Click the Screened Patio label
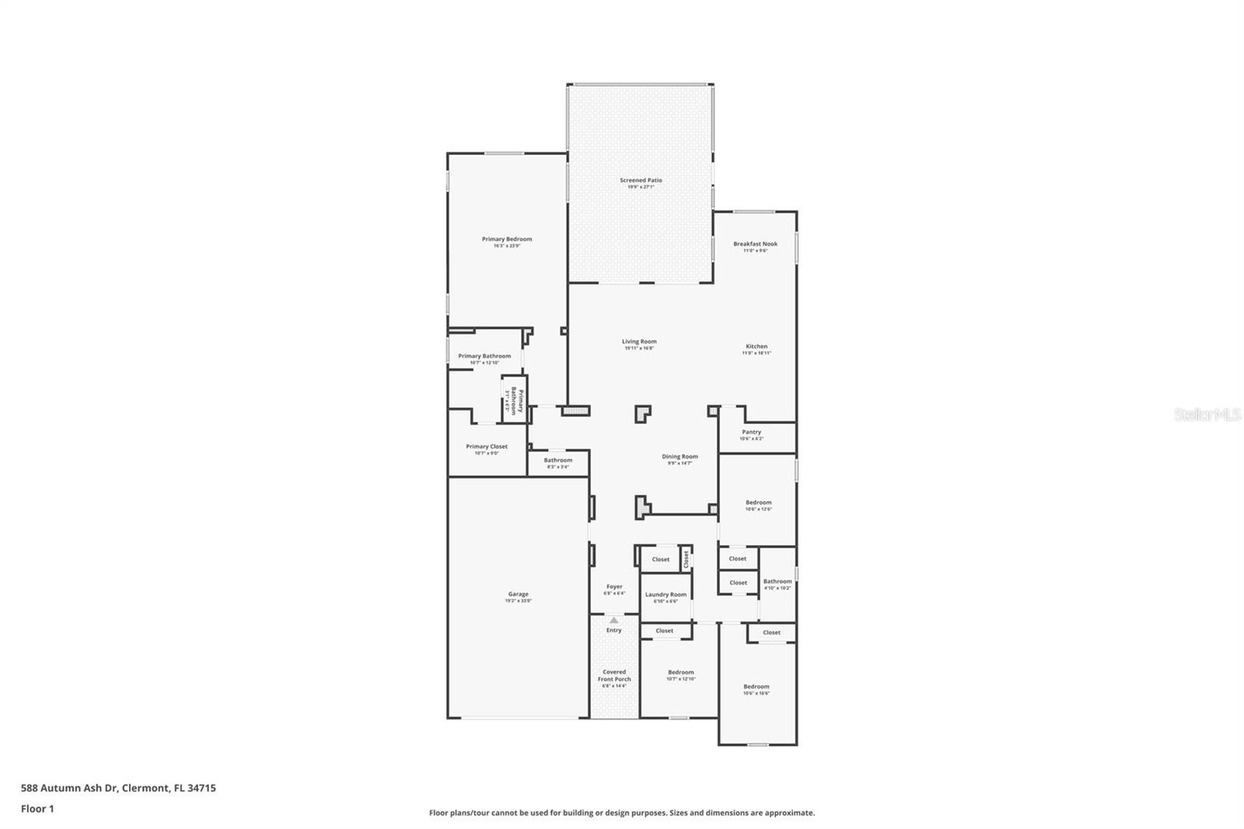click(x=641, y=180)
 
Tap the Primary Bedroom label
click(x=507, y=240)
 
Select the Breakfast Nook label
click(x=755, y=244)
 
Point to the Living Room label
click(x=639, y=342)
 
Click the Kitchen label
click(x=757, y=347)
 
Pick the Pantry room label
click(x=751, y=432)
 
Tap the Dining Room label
click(x=680, y=457)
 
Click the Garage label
click(x=518, y=595)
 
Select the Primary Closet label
click(x=487, y=447)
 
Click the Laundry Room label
click(x=666, y=595)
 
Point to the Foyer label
click(x=614, y=587)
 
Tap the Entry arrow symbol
click(x=614, y=621)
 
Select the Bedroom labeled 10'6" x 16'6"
click(x=756, y=687)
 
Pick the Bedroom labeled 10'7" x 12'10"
click(x=680, y=673)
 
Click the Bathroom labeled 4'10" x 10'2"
click(x=777, y=582)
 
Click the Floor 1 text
click(x=37, y=809)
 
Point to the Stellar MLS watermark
click(x=1207, y=415)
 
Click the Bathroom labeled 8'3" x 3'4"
click(x=557, y=460)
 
